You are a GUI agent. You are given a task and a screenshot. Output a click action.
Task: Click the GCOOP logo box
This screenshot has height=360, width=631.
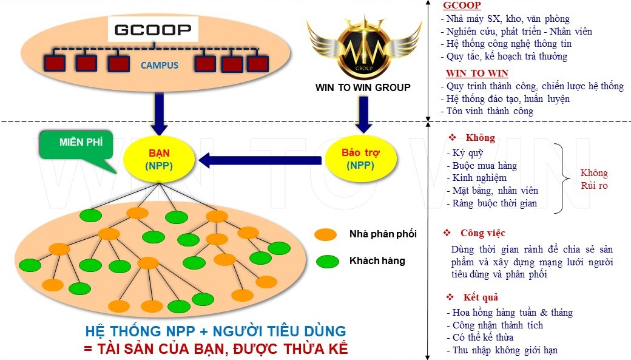pyautogui.click(x=153, y=29)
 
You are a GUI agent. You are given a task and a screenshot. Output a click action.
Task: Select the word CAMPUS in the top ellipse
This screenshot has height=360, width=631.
pyautogui.click(x=160, y=65)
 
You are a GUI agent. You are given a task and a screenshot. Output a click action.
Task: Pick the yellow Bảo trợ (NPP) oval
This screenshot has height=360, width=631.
pyautogui.click(x=361, y=159)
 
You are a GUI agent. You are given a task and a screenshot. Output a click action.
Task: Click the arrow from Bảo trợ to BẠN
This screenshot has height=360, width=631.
pyautogui.click(x=261, y=160)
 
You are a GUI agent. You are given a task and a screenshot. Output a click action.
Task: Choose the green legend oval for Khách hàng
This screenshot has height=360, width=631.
pyautogui.click(x=327, y=262)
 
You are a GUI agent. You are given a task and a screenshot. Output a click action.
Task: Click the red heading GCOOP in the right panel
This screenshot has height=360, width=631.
pyautogui.click(x=462, y=5)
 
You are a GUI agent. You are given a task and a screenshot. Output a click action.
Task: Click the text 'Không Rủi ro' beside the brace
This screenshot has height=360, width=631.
pyautogui.click(x=594, y=179)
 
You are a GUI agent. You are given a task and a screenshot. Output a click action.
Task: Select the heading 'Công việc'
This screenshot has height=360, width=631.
pyautogui.click(x=482, y=233)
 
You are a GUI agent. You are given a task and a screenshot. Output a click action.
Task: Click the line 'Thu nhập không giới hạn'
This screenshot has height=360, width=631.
pyautogui.click(x=505, y=350)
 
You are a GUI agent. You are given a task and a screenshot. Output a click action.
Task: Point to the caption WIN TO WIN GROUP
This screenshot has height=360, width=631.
pyautogui.click(x=363, y=87)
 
